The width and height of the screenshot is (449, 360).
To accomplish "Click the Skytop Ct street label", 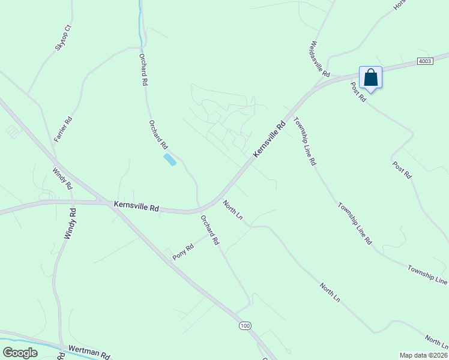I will click(63, 38).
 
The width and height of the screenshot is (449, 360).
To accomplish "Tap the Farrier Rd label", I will click(63, 129).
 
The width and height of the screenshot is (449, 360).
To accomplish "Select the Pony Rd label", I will click(183, 252).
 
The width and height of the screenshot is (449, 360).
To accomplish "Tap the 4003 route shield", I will click(426, 61).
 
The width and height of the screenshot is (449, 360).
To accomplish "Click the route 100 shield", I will click(244, 326).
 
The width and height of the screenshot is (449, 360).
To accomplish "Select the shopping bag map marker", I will click(370, 77).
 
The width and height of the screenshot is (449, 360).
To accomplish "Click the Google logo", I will click(20, 353).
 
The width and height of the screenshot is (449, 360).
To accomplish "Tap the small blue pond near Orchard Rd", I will click(170, 160).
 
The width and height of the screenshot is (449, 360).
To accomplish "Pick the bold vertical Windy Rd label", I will click(69, 224).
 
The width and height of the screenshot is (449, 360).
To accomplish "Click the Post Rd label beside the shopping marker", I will click(359, 92).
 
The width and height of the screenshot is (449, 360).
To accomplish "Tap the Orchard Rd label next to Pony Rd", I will click(210, 230).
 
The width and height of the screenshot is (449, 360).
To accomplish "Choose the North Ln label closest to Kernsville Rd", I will click(232, 209).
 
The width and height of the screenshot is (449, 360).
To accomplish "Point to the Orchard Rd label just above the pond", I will click(158, 134).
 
